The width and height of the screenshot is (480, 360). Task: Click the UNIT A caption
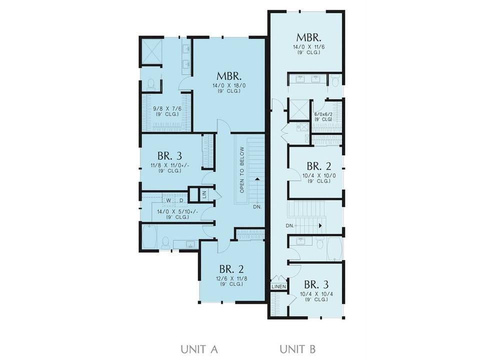pyautogui.click(x=199, y=349)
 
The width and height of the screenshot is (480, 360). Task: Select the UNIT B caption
pyautogui.click(x=297, y=349)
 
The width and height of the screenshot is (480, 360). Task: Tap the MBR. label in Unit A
pyautogui.click(x=229, y=76)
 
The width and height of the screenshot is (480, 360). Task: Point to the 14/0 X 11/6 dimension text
pyautogui.click(x=308, y=47)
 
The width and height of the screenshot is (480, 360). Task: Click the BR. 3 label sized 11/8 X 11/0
pyautogui.click(x=169, y=156)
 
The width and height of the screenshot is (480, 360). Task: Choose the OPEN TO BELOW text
pyautogui.click(x=242, y=170)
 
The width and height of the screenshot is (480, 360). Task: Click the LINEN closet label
pyautogui.click(x=279, y=287)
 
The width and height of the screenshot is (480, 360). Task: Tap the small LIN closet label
pyautogui.click(x=204, y=194)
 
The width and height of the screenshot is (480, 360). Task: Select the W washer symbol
pyautogui.click(x=168, y=201)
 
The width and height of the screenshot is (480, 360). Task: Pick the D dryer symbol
pyautogui.click(x=181, y=201)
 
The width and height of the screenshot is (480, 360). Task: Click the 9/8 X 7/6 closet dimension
pyautogui.click(x=167, y=108)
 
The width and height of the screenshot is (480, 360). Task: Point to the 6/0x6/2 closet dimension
pyautogui.click(x=323, y=114)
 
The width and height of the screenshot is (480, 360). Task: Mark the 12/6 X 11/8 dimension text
pyautogui.click(x=231, y=279)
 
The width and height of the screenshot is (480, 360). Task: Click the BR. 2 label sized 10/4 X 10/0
pyautogui.click(x=319, y=166)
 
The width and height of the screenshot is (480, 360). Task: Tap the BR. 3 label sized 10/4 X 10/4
pyautogui.click(x=316, y=284)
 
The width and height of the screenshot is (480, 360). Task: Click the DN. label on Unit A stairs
pyautogui.click(x=257, y=207)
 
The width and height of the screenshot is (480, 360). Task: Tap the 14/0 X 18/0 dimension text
pyautogui.click(x=229, y=86)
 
